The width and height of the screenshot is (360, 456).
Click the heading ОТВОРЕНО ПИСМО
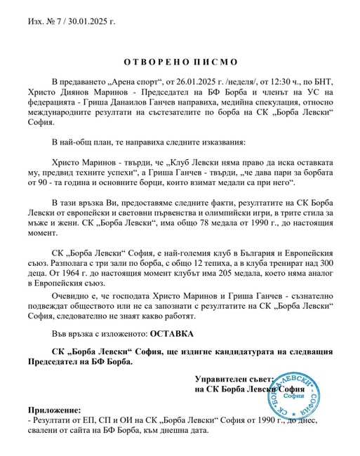point(180,62)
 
